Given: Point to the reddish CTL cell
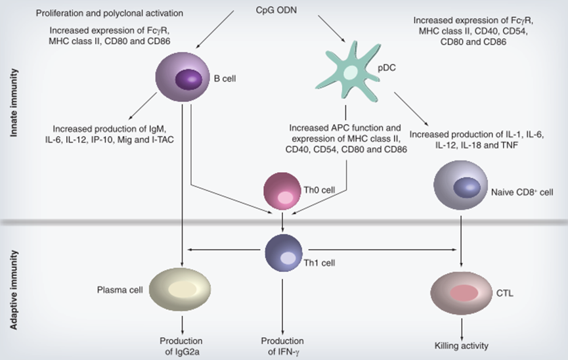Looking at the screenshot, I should click(462, 291).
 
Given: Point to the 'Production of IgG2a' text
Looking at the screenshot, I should click(181, 346).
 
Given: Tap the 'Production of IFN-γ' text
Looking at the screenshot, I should click(282, 346).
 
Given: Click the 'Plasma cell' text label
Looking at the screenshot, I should click(118, 288).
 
